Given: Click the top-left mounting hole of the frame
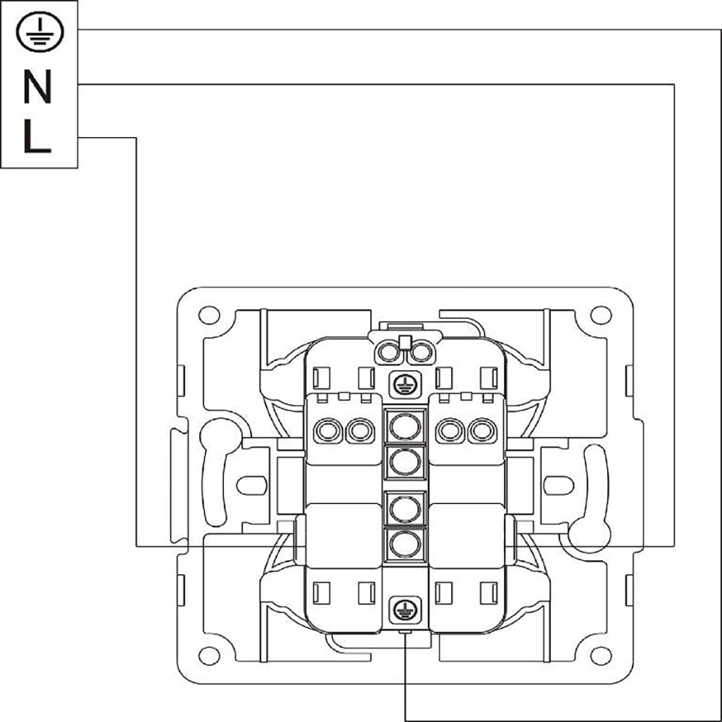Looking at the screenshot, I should [209, 315].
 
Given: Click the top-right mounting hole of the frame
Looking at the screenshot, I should [601, 315].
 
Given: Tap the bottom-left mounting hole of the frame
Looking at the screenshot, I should [209, 656].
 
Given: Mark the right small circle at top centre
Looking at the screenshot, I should [420, 352].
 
